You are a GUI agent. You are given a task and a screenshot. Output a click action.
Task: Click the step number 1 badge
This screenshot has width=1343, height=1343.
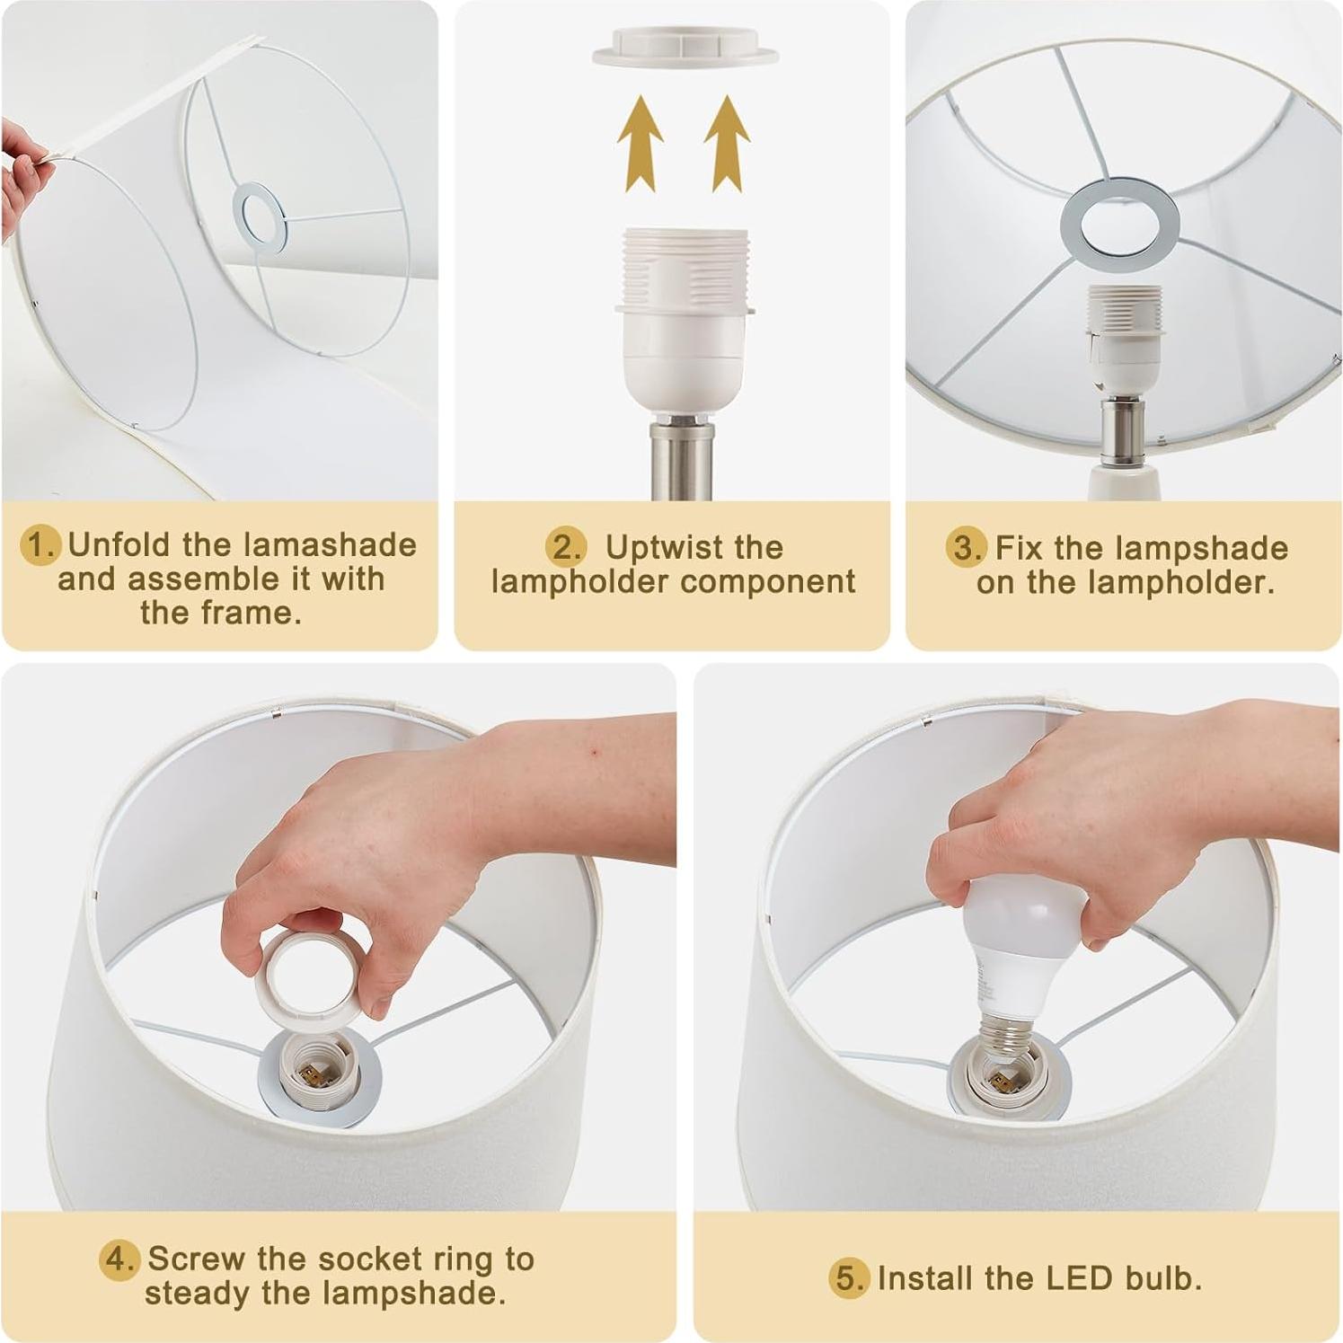[x=41, y=545]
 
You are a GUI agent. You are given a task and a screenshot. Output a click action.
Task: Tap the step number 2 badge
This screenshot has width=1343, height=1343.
[x=565, y=547]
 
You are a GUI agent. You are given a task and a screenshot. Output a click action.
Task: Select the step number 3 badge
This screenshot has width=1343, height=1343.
[x=966, y=547]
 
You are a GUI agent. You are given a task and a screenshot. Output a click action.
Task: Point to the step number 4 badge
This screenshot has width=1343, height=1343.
[x=119, y=1259]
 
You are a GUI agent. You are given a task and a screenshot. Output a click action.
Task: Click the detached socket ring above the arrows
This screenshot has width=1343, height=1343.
[x=685, y=47]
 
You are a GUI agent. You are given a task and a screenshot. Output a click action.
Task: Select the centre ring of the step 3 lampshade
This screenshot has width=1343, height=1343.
[x=1118, y=223]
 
